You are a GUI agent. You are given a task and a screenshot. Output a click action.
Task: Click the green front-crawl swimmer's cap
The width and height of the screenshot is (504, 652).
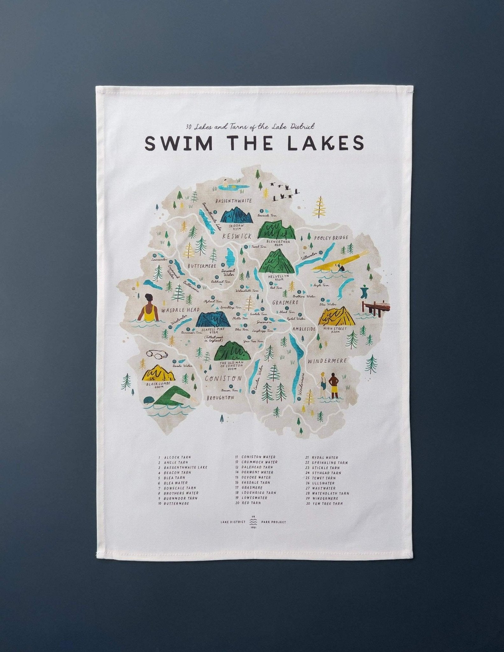[x=148, y=400]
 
